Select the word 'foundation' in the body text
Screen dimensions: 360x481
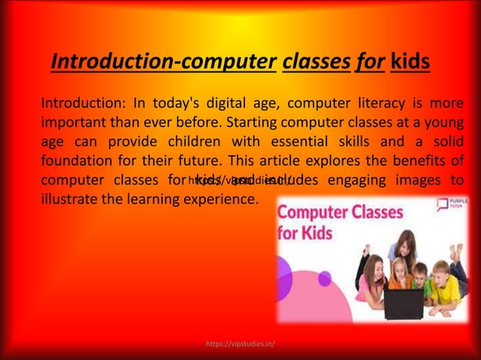pos(78,161)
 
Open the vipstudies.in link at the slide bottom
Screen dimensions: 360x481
pos(240,344)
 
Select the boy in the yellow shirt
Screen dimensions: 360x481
pos(442,287)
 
